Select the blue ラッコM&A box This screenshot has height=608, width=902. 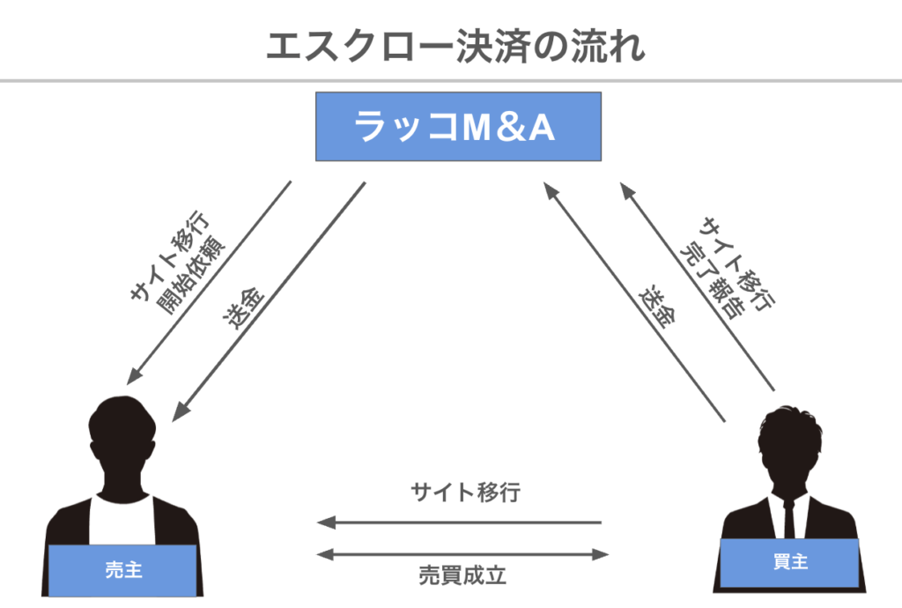[x=458, y=126]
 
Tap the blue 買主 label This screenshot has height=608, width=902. [x=790, y=561]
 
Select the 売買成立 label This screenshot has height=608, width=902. [x=462, y=577]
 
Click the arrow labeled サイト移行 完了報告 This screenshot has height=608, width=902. [x=696, y=285]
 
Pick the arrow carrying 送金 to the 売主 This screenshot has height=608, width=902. [x=269, y=300]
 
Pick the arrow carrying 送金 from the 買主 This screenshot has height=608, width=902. [x=634, y=300]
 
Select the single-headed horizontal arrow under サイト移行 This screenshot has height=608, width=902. [x=459, y=523]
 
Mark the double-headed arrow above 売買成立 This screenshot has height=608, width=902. [x=462, y=554]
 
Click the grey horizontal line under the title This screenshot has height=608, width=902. [x=451, y=82]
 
